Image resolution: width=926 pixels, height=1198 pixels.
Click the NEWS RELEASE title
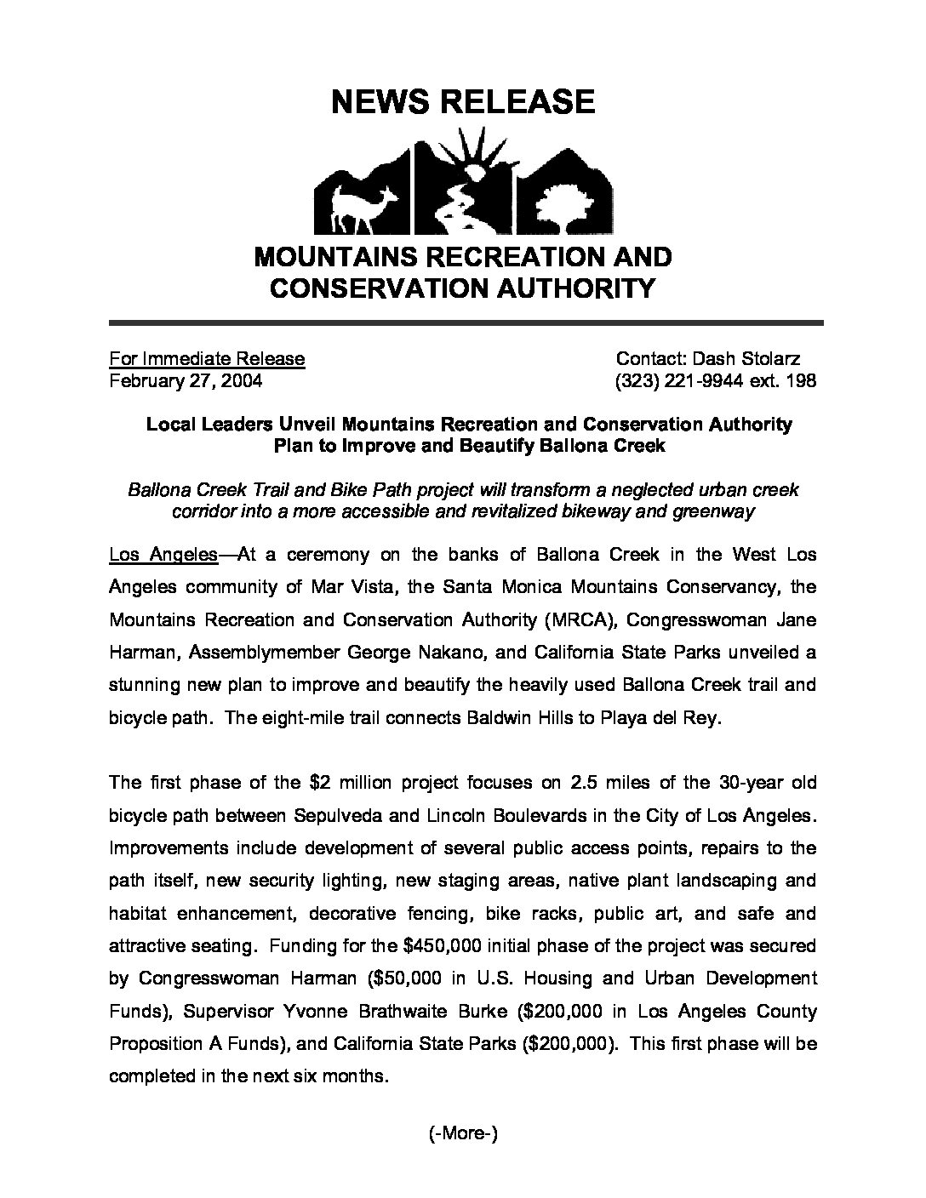coord(462,102)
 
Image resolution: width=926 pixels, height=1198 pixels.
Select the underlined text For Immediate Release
coord(207,358)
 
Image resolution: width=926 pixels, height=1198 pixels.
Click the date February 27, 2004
coord(186,380)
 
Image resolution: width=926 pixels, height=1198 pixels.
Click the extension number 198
coord(801,380)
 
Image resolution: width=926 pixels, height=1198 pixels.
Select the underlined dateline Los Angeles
coord(163,555)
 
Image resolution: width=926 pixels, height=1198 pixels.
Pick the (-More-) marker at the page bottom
coord(463,1133)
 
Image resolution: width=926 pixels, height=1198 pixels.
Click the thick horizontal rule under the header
coord(466,323)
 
